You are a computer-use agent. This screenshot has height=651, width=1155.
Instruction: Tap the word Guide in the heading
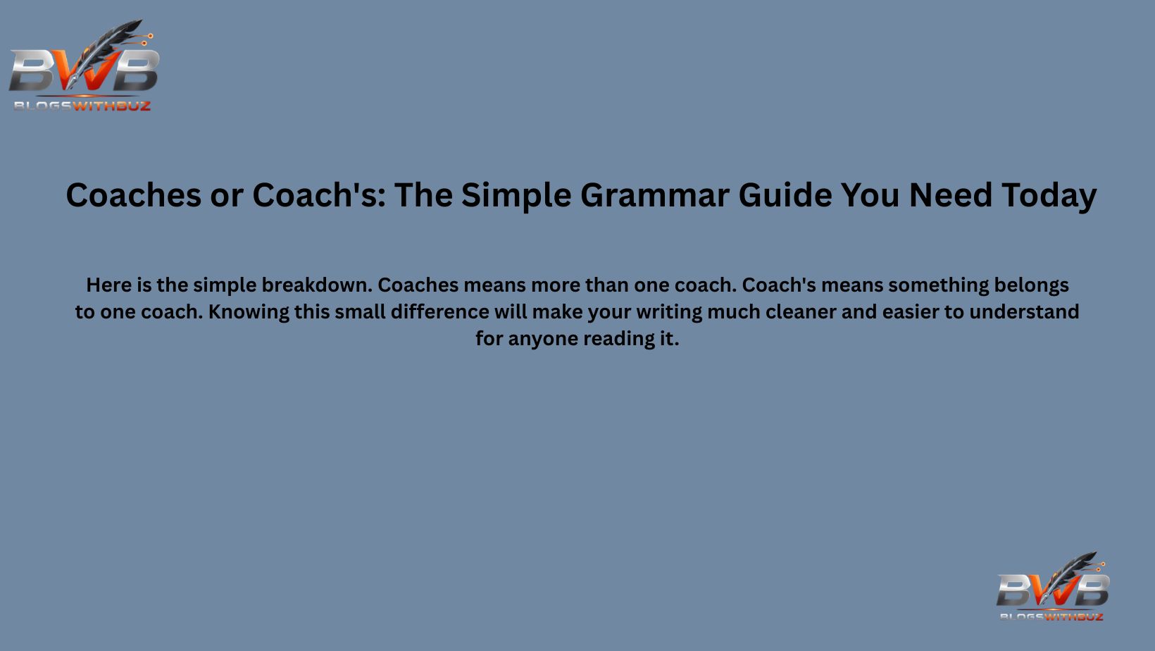click(785, 195)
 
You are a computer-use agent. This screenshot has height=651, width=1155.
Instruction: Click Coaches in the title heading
click(133, 195)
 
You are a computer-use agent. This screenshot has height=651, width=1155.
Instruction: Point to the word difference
click(439, 312)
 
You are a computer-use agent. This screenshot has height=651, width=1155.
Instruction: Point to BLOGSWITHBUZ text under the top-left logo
click(82, 106)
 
